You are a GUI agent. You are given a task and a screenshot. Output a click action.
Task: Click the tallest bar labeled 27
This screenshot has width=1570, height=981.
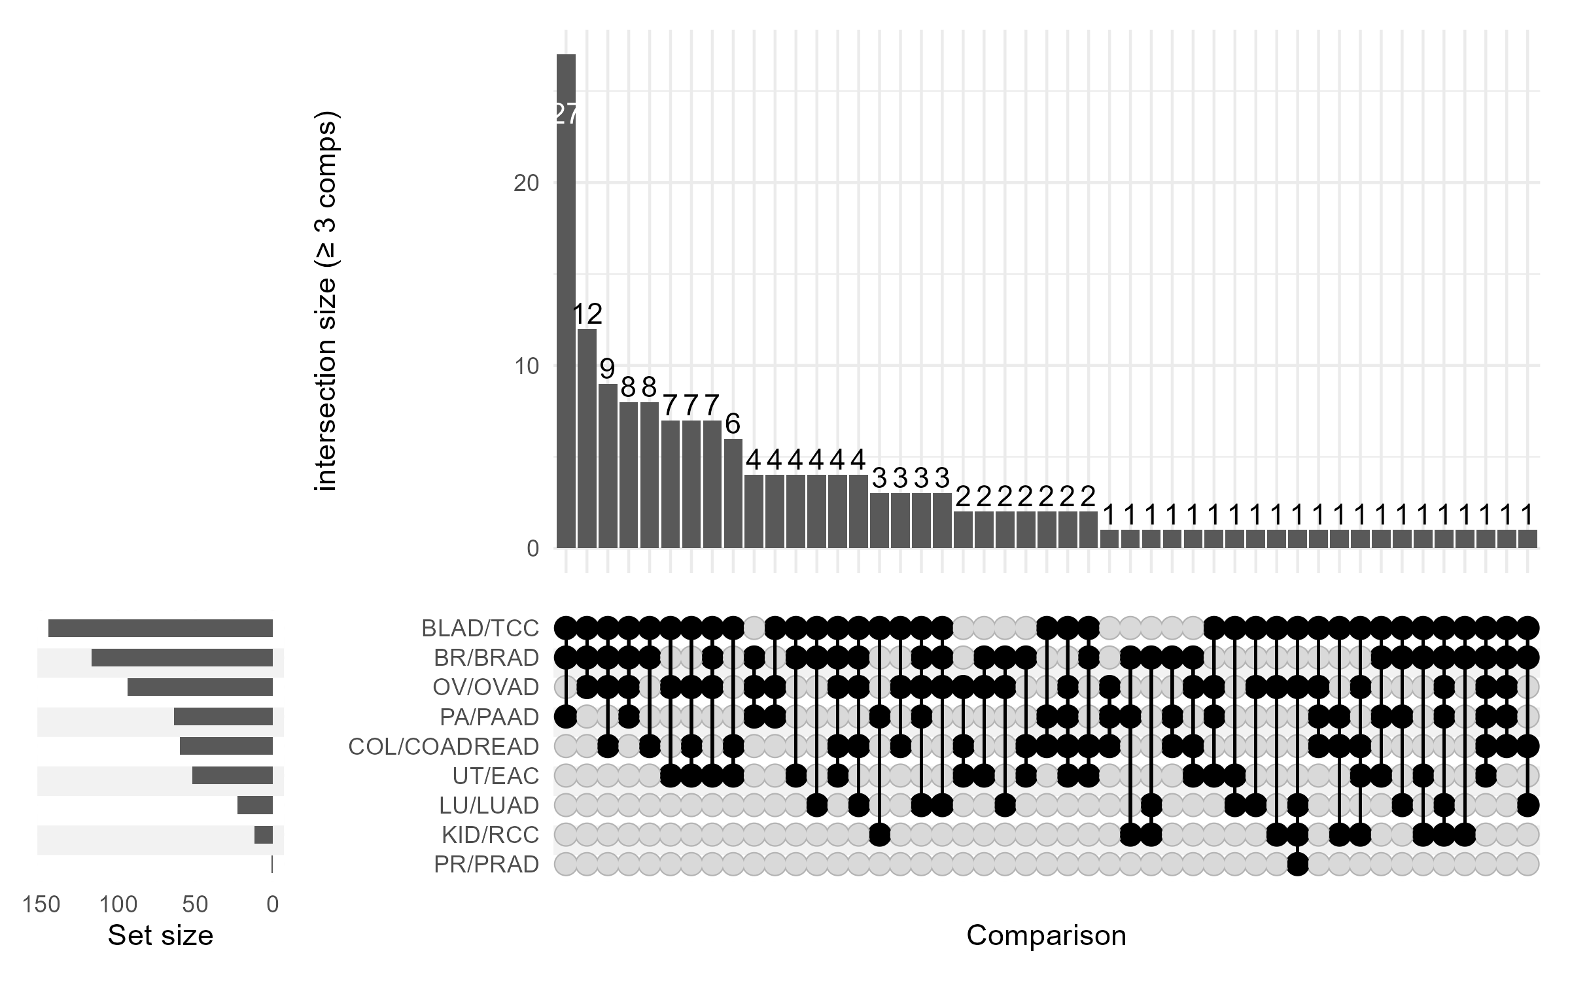[x=566, y=301]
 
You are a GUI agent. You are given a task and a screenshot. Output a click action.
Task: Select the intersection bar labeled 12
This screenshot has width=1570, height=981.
[x=587, y=438]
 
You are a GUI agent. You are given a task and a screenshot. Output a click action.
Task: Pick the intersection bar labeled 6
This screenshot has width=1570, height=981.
[x=733, y=493]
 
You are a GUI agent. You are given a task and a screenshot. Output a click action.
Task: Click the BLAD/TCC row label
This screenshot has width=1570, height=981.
[x=480, y=628]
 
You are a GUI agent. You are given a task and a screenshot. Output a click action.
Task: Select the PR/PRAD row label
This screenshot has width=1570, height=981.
[x=486, y=865]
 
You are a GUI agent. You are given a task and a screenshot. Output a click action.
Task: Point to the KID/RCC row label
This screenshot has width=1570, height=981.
[x=490, y=835]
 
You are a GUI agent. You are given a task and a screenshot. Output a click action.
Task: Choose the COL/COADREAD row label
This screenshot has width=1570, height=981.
[x=444, y=746]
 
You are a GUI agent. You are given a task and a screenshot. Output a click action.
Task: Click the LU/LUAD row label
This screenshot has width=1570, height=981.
[x=489, y=806]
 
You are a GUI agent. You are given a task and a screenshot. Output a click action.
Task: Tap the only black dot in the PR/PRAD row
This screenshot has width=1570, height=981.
[x=1298, y=865]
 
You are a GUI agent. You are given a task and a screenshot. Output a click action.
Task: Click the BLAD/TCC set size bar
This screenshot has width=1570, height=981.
[x=160, y=628]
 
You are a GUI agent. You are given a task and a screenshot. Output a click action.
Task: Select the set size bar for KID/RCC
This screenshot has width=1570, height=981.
[x=264, y=835]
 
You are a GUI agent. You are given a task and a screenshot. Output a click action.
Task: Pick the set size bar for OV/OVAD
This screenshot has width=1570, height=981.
[x=200, y=687]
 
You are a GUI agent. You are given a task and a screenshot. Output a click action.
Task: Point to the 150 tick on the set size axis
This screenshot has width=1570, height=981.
[x=41, y=904]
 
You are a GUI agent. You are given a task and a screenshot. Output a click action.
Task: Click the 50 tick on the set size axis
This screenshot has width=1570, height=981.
[x=195, y=904]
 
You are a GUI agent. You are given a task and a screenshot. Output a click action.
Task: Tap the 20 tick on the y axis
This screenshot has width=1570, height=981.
[x=526, y=183]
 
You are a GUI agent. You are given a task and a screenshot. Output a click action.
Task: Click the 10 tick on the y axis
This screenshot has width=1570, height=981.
[x=526, y=366]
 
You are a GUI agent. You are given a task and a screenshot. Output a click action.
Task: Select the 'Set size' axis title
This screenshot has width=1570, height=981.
[x=160, y=936]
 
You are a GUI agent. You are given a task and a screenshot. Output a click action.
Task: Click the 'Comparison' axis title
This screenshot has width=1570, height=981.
[x=1046, y=936]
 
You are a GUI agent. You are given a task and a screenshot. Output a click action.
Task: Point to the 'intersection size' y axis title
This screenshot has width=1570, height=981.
[x=326, y=301]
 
